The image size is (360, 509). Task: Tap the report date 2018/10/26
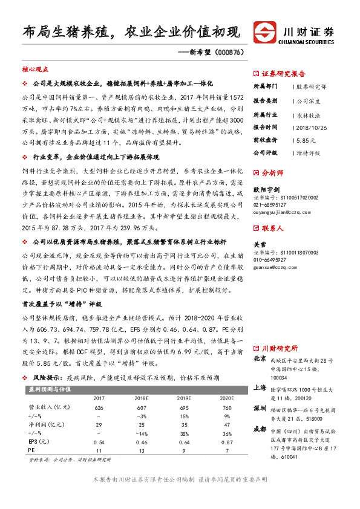(313, 127)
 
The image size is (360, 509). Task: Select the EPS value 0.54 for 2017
(98, 442)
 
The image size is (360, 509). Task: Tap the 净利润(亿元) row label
(44, 425)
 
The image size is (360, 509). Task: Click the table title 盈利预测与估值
(46, 389)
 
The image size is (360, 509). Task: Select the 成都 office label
(260, 429)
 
